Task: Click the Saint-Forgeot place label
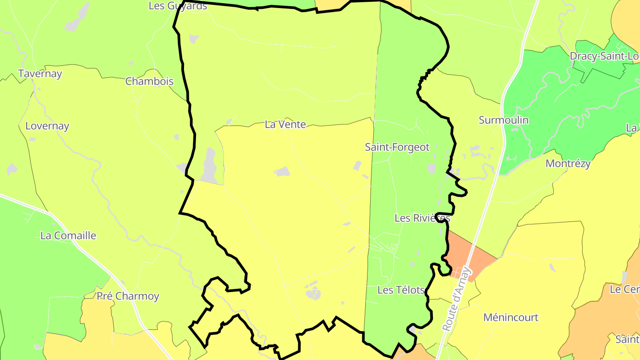point(397,147)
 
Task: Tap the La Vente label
point(285,124)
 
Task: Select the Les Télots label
point(401,290)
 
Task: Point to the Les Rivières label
point(422,218)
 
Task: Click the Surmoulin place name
point(504,120)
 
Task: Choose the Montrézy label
point(568,164)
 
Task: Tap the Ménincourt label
point(511,317)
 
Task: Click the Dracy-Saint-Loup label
point(604,56)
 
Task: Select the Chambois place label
point(149,81)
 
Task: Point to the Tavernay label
point(40,74)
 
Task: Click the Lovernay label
point(47,126)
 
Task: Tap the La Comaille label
point(68,236)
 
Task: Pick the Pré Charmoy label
point(128,296)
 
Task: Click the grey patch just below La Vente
point(282,171)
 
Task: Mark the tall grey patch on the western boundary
point(209,165)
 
